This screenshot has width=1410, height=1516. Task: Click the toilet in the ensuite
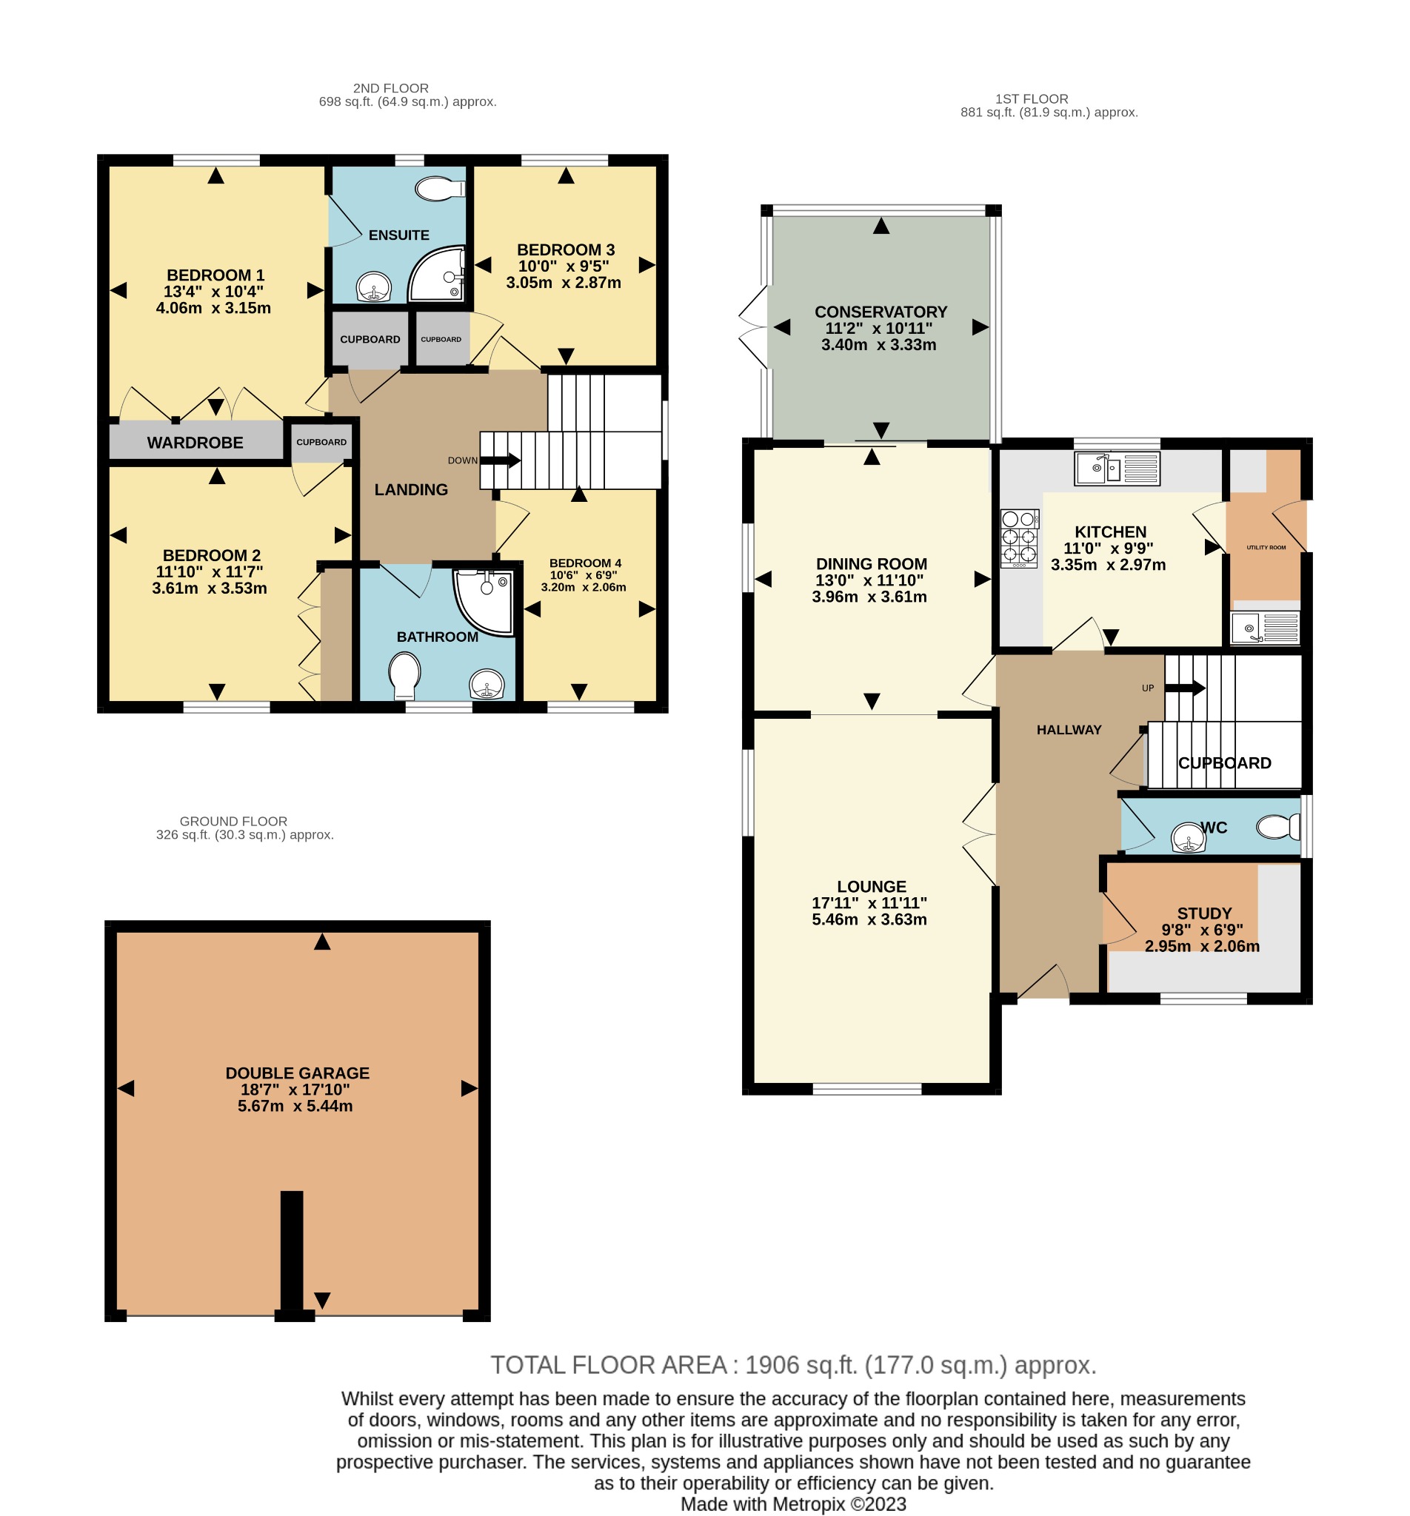click(442, 188)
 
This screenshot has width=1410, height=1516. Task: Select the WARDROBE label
click(195, 443)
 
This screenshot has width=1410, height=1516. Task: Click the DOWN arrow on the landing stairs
click(501, 460)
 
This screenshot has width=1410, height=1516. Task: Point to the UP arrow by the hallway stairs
click(1184, 688)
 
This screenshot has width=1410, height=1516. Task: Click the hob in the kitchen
click(1019, 538)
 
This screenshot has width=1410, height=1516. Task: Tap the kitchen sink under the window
click(1116, 469)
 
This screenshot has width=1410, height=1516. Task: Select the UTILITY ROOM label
click(1266, 548)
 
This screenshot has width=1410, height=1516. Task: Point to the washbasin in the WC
click(1188, 837)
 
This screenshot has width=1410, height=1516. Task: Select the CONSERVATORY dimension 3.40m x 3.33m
click(878, 345)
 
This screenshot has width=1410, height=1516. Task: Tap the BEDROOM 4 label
click(585, 563)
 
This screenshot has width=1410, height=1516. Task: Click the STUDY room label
click(1204, 913)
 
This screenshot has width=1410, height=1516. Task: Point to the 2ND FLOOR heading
click(391, 89)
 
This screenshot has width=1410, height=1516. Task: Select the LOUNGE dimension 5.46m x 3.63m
click(869, 919)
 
